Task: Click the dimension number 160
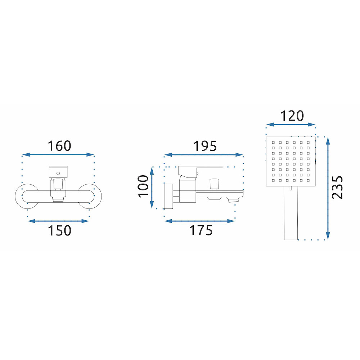point(59,146)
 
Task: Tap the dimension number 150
point(59,231)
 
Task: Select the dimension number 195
point(205,146)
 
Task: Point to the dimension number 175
point(201,230)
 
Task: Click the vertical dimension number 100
point(143,186)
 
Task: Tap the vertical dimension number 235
point(338,187)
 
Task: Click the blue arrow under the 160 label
point(58,155)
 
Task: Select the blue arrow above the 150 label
point(58,221)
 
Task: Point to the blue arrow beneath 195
point(204,155)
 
